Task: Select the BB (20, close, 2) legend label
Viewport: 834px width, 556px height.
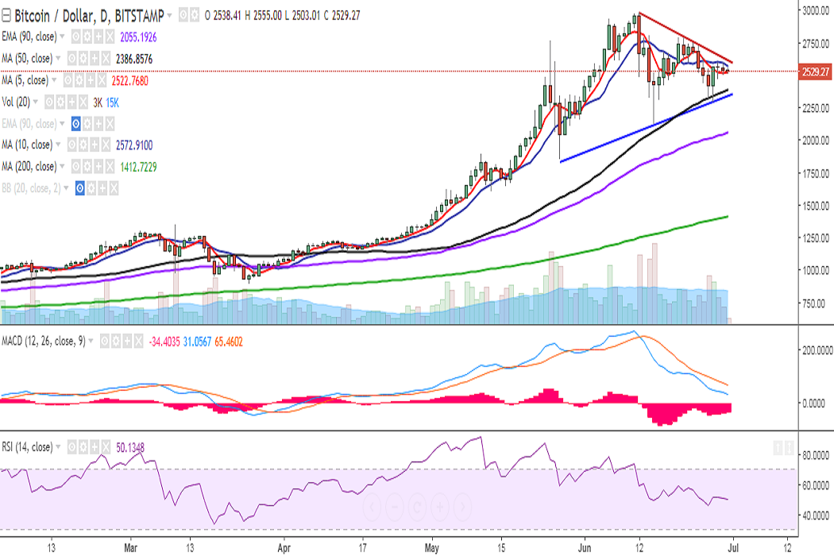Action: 36,188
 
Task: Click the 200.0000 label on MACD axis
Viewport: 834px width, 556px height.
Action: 814,349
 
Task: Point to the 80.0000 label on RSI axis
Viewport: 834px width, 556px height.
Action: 812,456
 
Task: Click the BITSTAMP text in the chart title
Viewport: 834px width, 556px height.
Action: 140,15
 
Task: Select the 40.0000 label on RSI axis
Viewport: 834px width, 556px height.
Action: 812,515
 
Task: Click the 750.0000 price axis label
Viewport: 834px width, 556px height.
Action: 814,303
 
